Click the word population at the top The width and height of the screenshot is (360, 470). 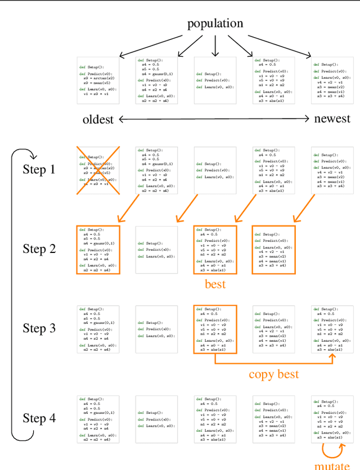click(x=215, y=23)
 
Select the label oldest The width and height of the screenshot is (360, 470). click(x=98, y=119)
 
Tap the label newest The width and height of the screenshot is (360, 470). click(x=332, y=119)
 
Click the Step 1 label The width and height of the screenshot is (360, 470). click(x=39, y=169)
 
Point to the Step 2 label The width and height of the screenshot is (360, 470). click(x=39, y=248)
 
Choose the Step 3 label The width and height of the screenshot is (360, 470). click(x=39, y=328)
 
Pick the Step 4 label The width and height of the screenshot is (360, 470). click(x=39, y=418)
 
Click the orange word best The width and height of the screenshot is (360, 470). click(x=215, y=284)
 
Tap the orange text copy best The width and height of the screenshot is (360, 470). click(x=274, y=374)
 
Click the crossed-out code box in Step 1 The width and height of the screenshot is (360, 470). click(x=98, y=170)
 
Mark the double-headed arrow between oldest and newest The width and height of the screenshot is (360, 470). click(x=214, y=119)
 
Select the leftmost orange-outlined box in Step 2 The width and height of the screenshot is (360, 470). click(x=98, y=250)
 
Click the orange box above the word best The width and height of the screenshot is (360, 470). click(x=215, y=250)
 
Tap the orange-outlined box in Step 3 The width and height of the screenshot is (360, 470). click(x=215, y=329)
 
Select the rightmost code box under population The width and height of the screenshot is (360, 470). click(x=332, y=80)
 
